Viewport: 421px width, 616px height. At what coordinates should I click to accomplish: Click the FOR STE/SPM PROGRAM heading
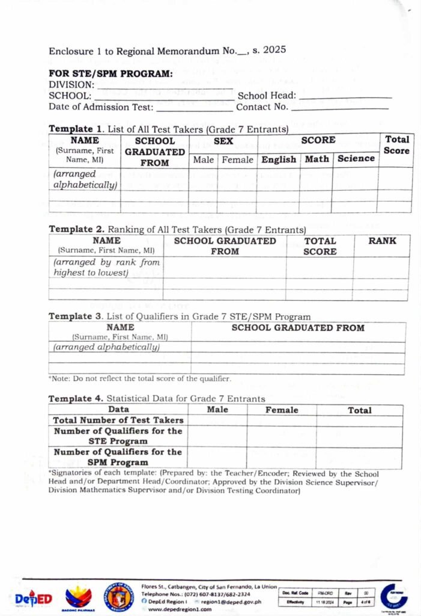(x=111, y=74)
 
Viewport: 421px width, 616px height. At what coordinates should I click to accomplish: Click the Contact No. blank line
(x=339, y=108)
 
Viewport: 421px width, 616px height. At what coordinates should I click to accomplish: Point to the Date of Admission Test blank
(x=194, y=109)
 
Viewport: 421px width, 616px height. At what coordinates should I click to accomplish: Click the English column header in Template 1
(x=279, y=159)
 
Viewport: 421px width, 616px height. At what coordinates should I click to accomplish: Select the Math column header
(x=317, y=159)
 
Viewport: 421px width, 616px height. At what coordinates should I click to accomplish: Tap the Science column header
(x=356, y=158)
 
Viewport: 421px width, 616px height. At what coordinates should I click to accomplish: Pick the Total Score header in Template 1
(x=396, y=145)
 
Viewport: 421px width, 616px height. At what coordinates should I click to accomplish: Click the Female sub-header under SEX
(x=237, y=160)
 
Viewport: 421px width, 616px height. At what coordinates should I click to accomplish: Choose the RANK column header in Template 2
(x=383, y=241)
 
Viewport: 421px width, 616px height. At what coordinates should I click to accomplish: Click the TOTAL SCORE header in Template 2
(x=320, y=246)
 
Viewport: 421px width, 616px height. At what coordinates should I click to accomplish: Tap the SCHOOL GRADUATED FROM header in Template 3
(x=298, y=328)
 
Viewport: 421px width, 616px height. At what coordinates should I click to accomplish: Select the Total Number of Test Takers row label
(x=118, y=420)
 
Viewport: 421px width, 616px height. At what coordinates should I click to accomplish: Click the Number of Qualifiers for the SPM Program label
(x=118, y=457)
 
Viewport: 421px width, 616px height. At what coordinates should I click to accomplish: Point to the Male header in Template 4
(x=217, y=410)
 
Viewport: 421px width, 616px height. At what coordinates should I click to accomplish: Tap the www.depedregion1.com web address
(x=180, y=609)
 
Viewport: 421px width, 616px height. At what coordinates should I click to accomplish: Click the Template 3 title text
(x=180, y=316)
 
